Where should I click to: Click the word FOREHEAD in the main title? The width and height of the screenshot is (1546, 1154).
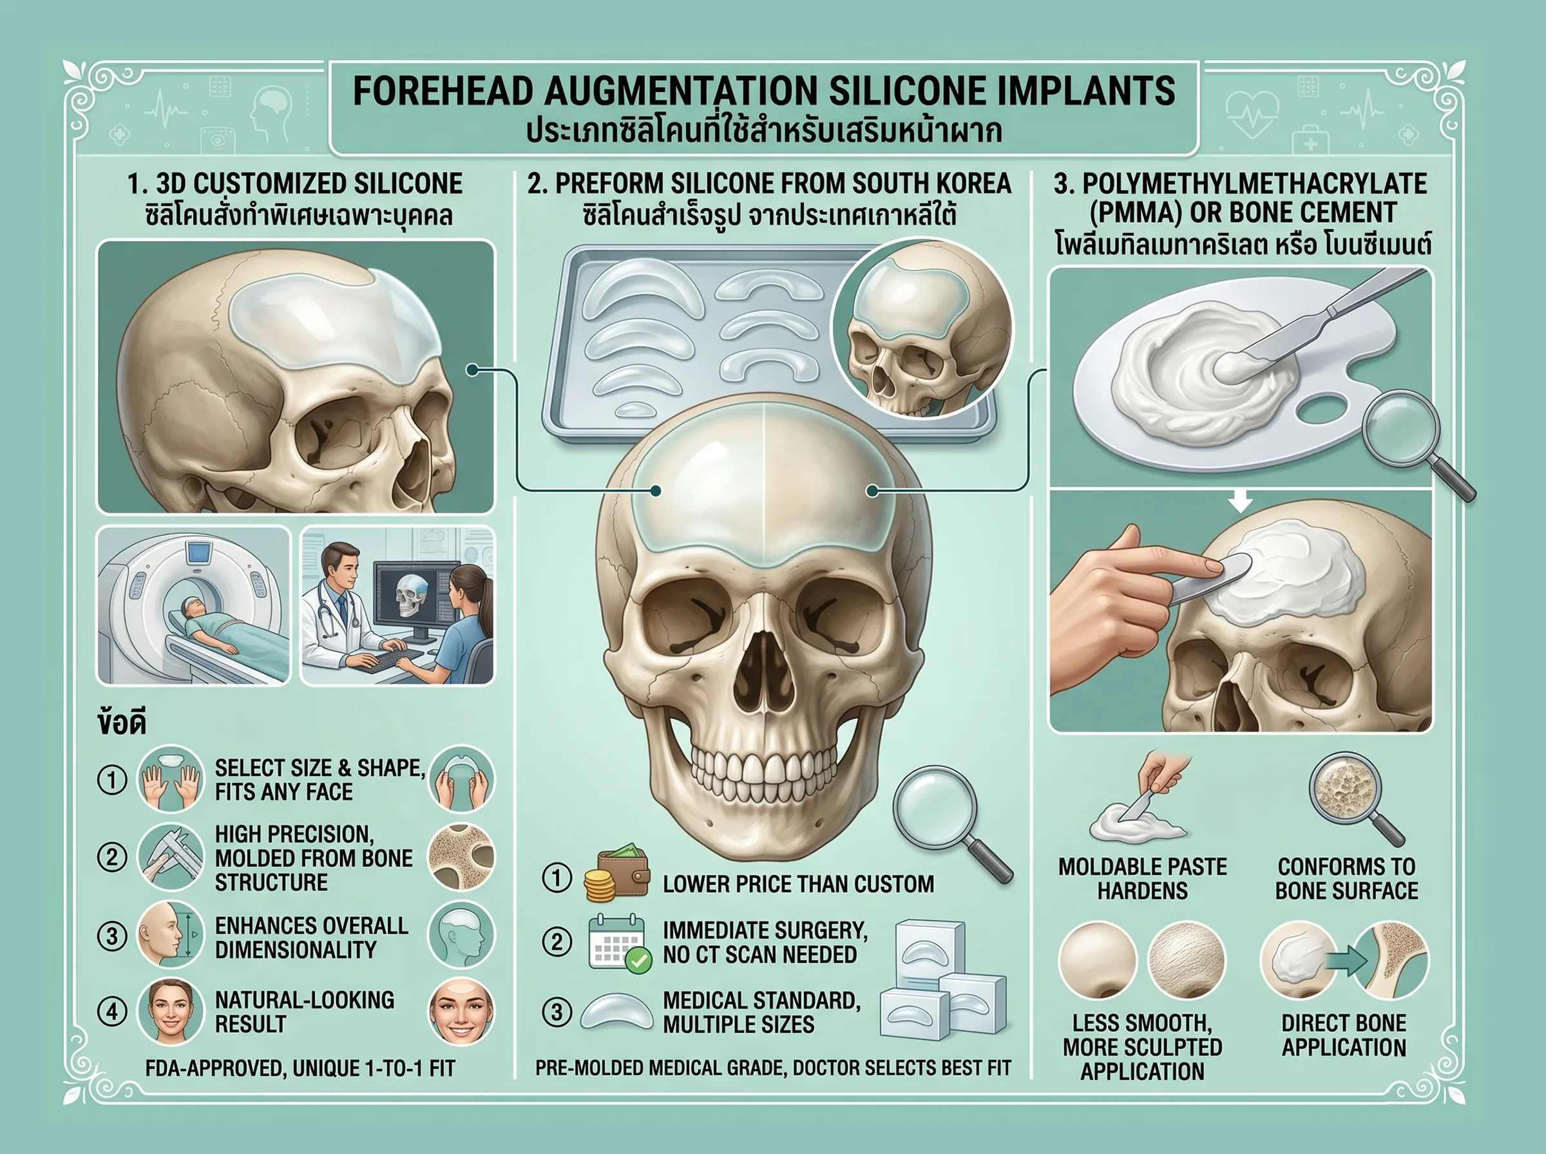[441, 91]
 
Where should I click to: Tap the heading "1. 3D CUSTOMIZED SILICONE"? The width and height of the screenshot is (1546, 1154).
[295, 184]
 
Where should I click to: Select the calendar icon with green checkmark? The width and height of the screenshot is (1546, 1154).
[619, 943]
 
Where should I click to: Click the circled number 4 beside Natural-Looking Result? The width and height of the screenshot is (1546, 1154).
[112, 1012]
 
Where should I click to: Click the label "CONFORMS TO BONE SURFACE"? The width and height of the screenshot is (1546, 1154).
[1346, 879]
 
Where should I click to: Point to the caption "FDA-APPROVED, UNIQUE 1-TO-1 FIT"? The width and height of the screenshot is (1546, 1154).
[300, 1068]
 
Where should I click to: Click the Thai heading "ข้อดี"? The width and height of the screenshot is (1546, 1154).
[122, 723]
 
